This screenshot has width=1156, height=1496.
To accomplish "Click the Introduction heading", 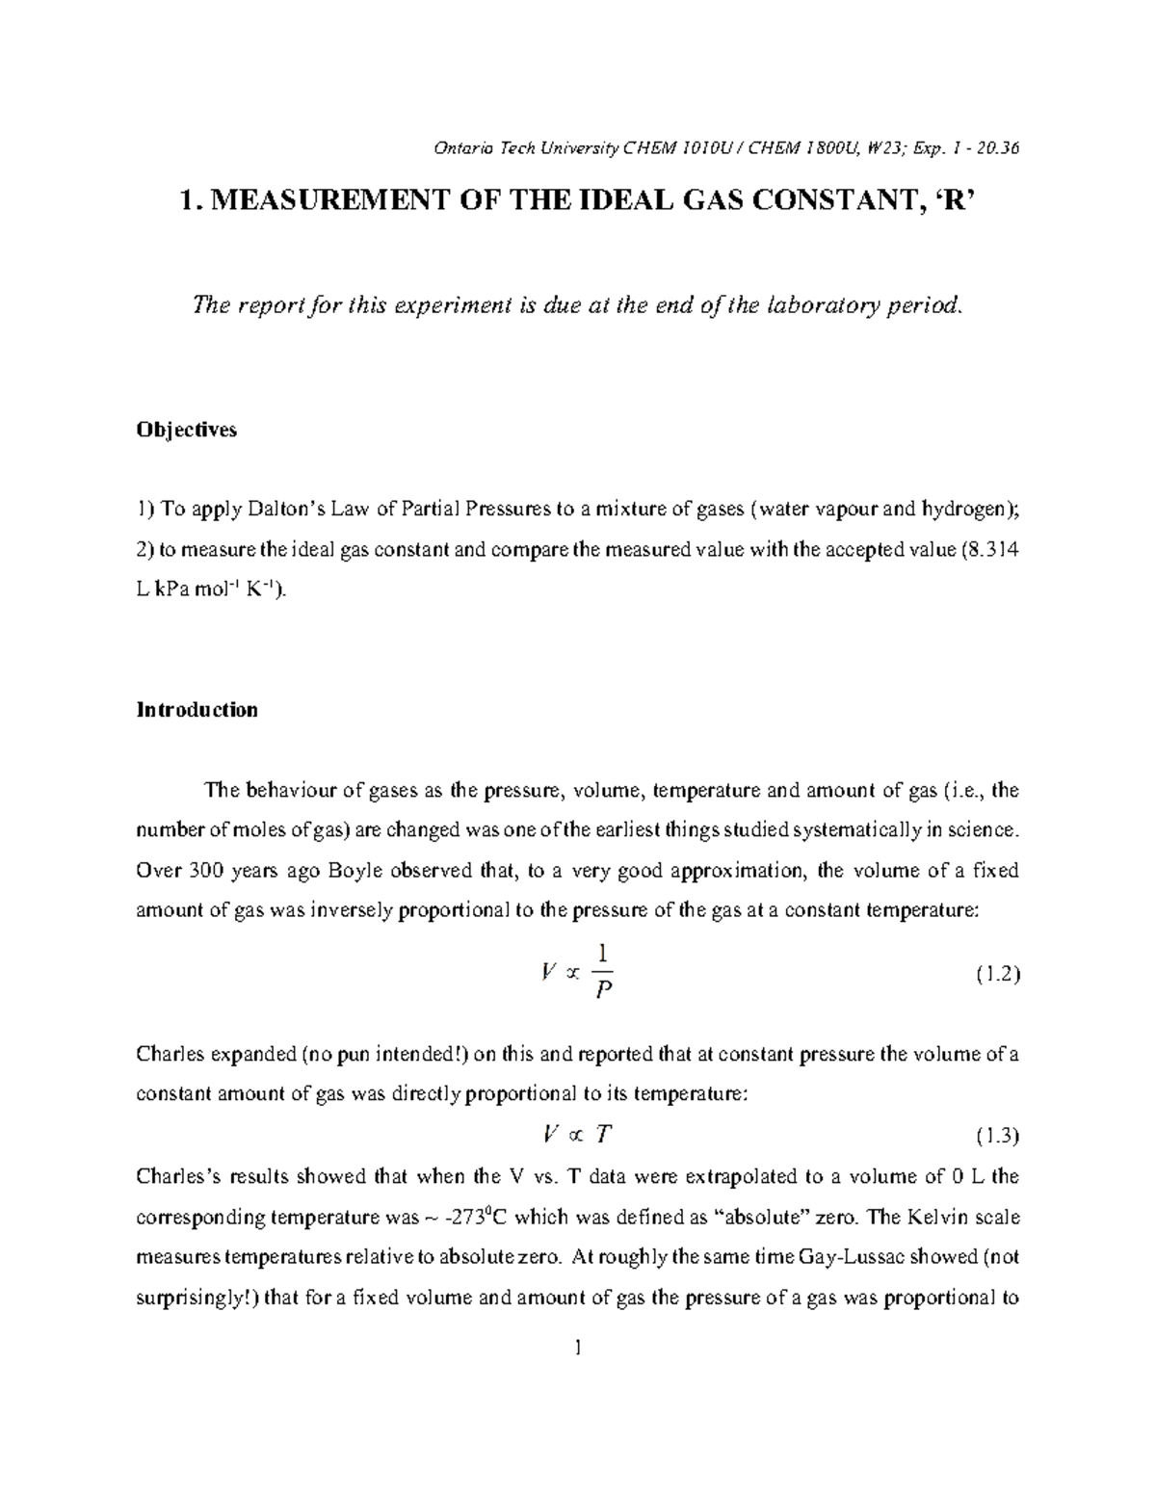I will click(197, 710).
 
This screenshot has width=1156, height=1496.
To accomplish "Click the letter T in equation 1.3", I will click(602, 1135).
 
